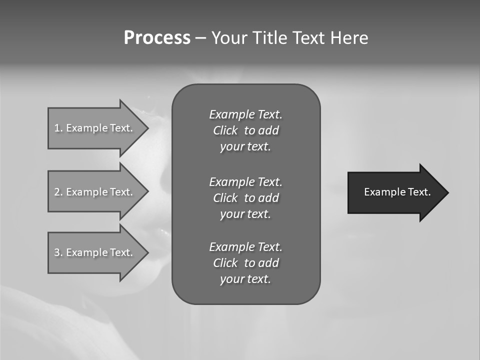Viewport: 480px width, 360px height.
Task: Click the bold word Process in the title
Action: coord(157,38)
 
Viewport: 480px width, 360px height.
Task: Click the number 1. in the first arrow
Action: coord(58,128)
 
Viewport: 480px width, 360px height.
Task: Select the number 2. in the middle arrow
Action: coord(58,192)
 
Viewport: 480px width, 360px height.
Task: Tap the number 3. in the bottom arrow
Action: coord(58,252)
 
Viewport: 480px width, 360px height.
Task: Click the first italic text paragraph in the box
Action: coord(245,130)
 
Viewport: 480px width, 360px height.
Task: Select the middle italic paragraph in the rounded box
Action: coord(245,197)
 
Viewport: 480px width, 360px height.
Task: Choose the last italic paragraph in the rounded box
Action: coord(245,263)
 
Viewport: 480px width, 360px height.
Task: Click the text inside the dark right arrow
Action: coord(397,192)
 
